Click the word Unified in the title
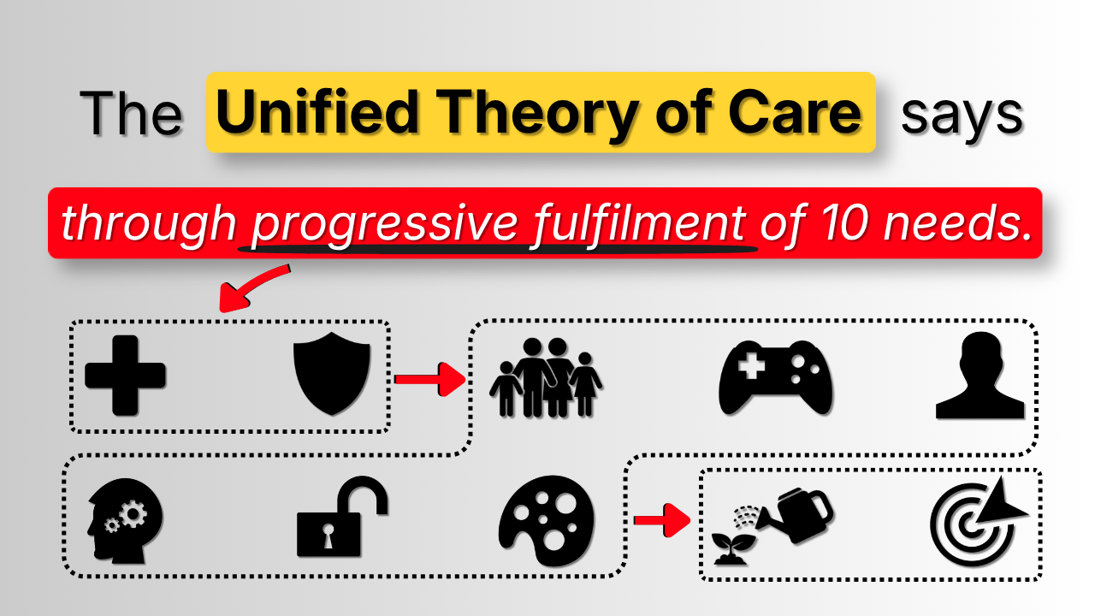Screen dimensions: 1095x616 coord(317,111)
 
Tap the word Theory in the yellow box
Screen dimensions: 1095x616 coord(536,116)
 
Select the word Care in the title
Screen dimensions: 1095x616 coord(795,111)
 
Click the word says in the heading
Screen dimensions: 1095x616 coord(962,117)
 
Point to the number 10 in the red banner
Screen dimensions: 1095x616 coord(844,223)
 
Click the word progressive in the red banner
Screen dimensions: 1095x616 coord(385,225)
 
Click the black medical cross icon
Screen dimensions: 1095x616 coord(125,376)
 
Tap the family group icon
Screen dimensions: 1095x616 coord(546,378)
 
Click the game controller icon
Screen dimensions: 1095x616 coord(775,377)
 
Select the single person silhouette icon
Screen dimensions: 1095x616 coord(980,376)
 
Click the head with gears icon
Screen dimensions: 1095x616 coord(125,521)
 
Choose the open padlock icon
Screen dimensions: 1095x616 coord(342,516)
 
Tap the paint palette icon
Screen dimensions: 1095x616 coord(547,520)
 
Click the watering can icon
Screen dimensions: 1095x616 coord(795,516)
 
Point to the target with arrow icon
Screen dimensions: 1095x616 coord(979,522)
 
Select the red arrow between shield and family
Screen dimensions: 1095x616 coord(430,379)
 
